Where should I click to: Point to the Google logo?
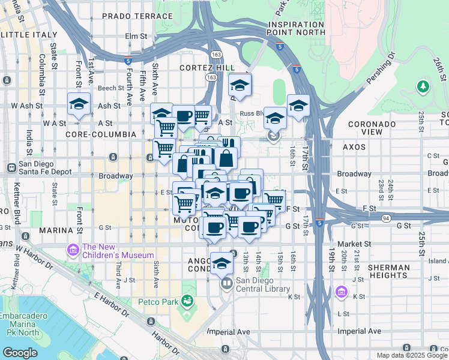[19, 353]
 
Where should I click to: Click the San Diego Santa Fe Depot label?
[46, 167]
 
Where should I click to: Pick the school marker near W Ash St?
[79, 104]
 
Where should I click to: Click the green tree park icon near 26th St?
[424, 87]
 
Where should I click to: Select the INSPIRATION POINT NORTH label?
[295, 28]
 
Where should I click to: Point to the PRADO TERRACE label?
[137, 15]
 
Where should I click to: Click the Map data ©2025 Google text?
[411, 355]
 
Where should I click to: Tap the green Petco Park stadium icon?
[188, 299]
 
